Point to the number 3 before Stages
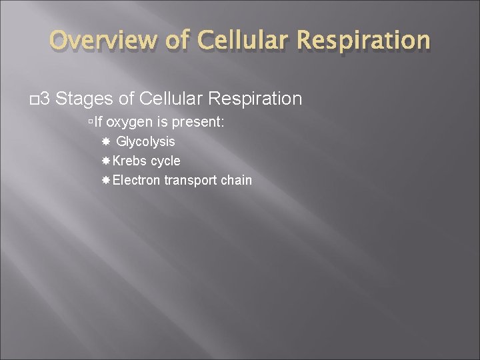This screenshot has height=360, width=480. pyautogui.click(x=45, y=99)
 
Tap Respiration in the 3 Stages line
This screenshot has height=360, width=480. pyautogui.click(x=255, y=99)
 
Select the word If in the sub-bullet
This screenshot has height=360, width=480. pyautogui.click(x=99, y=122)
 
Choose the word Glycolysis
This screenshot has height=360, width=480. pyautogui.click(x=145, y=141)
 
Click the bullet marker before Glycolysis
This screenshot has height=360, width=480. pyautogui.click(x=106, y=141)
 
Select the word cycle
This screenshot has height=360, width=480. pyautogui.click(x=165, y=161)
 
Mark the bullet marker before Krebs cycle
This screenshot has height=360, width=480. pyautogui.click(x=106, y=161)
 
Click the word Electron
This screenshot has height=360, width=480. pyautogui.click(x=137, y=180)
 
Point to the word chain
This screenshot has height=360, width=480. pyautogui.click(x=236, y=180)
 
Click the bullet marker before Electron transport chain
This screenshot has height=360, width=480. pyautogui.click(x=106, y=180)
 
